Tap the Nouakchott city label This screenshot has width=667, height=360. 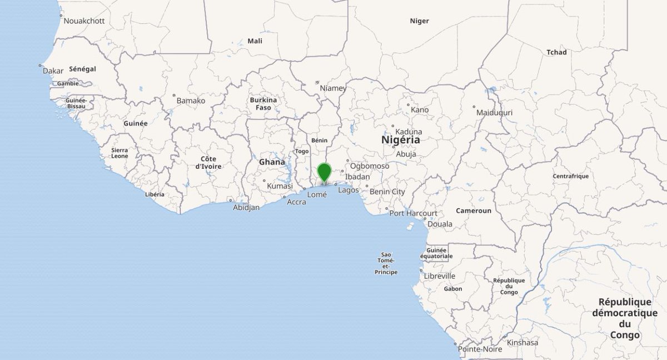[x=84, y=21]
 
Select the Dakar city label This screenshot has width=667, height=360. [x=53, y=71]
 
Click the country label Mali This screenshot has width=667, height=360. [x=255, y=41]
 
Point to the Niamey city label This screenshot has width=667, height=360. [x=333, y=88]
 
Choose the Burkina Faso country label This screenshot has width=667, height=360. [x=263, y=103]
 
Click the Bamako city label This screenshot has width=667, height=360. [x=191, y=101]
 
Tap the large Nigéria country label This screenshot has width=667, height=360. [x=401, y=140]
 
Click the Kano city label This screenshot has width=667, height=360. [x=420, y=109]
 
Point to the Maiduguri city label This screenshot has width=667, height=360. [x=494, y=112]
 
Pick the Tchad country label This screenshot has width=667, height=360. [x=556, y=52]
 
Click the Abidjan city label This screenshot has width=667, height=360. [x=246, y=207]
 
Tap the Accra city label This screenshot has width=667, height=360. [x=296, y=202]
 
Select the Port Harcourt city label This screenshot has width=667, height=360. [x=413, y=213]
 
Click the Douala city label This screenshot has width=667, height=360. [x=440, y=224]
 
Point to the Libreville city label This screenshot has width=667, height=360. [x=439, y=276]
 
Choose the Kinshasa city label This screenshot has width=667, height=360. [x=522, y=342]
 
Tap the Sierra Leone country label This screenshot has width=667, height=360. [x=120, y=153]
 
